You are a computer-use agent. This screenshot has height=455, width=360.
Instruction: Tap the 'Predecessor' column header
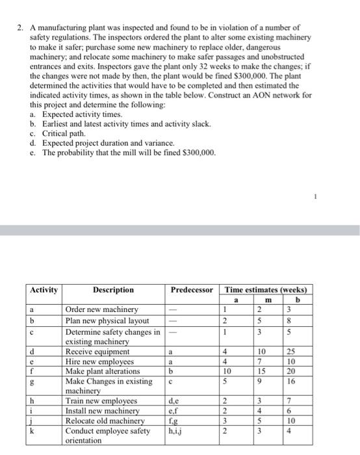[x=192, y=289]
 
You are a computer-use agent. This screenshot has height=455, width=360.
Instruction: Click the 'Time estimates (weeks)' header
[x=266, y=289]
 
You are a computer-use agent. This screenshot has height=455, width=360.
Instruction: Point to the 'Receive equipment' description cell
[x=97, y=352]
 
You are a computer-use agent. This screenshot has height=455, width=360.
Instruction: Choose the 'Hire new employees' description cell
[x=99, y=361]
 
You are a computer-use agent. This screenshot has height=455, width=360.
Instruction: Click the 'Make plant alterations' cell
[x=103, y=370]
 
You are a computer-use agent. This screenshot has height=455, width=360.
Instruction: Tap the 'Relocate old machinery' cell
[x=106, y=421]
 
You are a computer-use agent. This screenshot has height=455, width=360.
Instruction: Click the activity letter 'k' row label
[x=32, y=430]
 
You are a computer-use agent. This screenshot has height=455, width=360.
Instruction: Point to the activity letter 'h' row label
[x=32, y=401]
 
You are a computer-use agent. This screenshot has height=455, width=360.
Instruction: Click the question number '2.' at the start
[x=21, y=28]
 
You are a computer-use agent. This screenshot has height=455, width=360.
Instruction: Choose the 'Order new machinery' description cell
[x=102, y=309]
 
